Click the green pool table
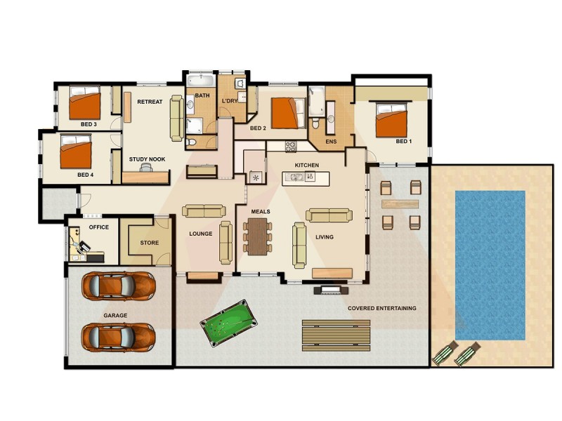click(x=228, y=322)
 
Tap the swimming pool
click(x=490, y=265)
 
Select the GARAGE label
click(x=115, y=316)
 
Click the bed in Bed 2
click(x=287, y=112)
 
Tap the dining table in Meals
click(x=256, y=234)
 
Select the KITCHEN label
click(x=306, y=165)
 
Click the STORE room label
click(x=150, y=243)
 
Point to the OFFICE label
click(x=99, y=227)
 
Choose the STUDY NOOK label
click(x=147, y=159)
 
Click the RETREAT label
click(x=150, y=102)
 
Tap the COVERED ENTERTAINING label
click(x=382, y=308)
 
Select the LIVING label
click(x=324, y=237)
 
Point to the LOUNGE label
click(x=201, y=234)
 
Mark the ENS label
click(x=331, y=142)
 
